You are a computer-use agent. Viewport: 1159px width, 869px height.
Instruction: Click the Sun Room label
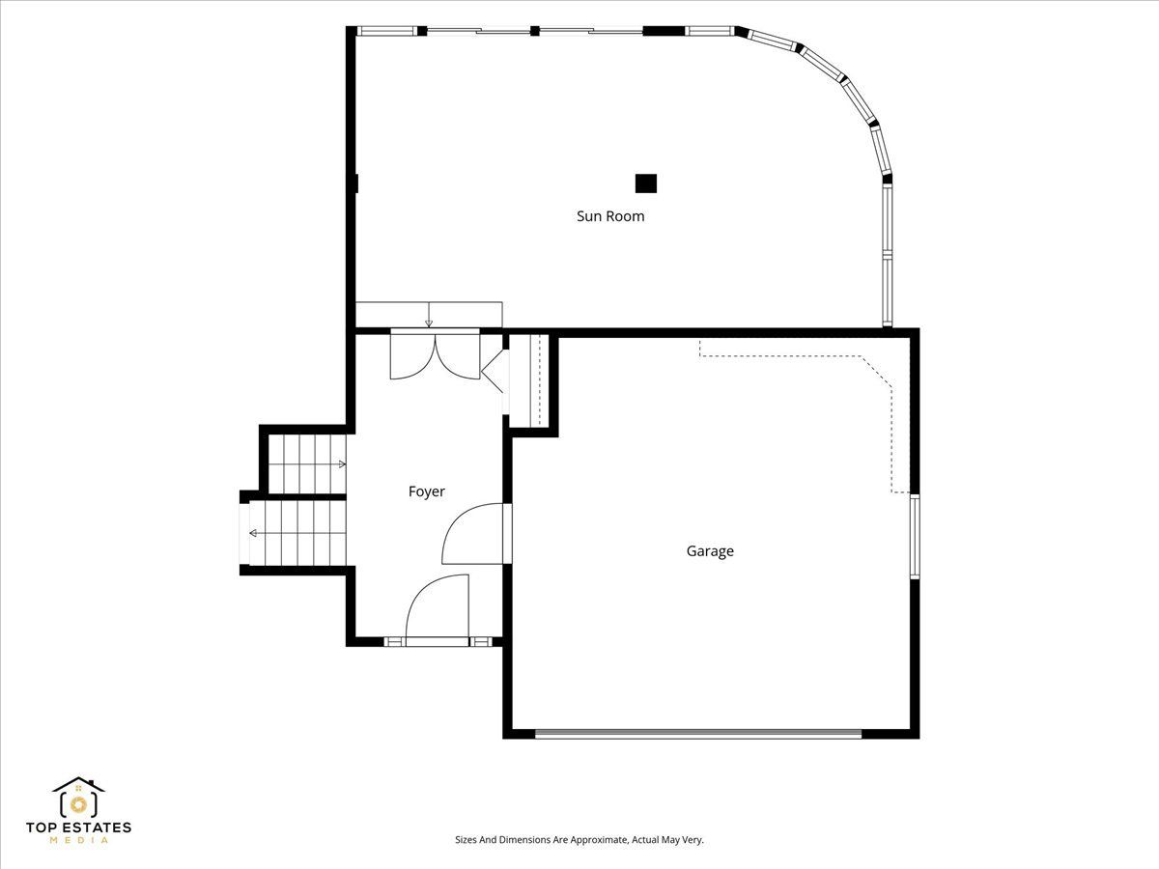point(610,216)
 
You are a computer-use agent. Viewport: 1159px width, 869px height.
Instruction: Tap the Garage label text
point(710,551)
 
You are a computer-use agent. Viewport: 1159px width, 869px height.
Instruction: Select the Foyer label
point(427,491)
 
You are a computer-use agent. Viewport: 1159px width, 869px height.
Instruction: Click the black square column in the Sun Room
point(646,183)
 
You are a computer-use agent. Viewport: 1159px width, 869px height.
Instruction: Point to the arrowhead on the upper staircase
point(342,464)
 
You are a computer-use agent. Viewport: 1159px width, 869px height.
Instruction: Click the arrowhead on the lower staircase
point(253,533)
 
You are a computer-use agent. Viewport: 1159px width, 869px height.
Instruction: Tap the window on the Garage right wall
point(915,536)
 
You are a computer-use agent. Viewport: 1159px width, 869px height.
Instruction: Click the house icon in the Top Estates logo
point(78,798)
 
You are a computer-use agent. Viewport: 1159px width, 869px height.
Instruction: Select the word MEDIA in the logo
point(78,840)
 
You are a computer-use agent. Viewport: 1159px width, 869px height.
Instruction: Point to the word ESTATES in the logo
point(98,827)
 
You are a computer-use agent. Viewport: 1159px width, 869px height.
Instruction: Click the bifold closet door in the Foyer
point(493,371)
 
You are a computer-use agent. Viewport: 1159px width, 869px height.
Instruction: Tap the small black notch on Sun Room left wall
point(356,183)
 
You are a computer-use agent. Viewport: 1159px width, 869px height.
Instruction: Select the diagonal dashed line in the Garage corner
point(877,373)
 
